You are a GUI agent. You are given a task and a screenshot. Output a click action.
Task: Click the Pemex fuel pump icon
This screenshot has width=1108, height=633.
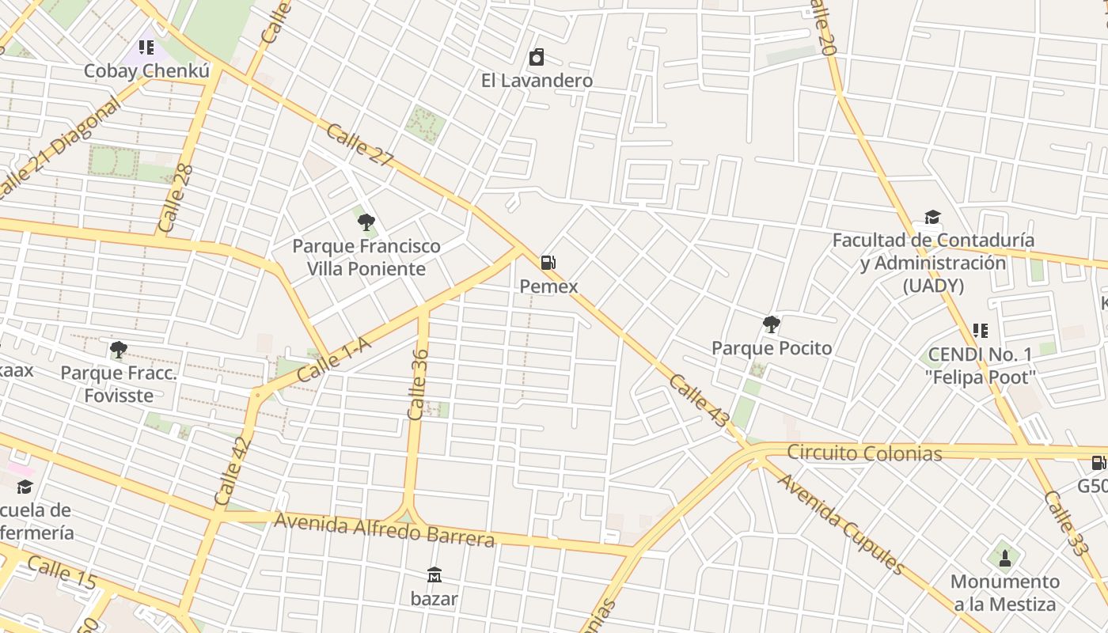click(548, 263)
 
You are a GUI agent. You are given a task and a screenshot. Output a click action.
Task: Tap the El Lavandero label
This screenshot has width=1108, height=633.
click(537, 81)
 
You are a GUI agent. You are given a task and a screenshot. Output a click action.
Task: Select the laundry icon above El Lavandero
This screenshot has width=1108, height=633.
click(537, 57)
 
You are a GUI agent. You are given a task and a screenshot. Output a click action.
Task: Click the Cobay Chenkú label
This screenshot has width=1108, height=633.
click(146, 71)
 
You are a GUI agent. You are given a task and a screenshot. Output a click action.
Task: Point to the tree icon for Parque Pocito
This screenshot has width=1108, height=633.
click(771, 324)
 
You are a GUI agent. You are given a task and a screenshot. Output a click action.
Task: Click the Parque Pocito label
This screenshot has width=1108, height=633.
click(771, 348)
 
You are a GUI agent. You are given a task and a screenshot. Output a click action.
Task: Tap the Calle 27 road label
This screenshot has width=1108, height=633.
click(359, 146)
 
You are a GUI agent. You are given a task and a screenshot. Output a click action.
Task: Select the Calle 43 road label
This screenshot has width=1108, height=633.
click(697, 402)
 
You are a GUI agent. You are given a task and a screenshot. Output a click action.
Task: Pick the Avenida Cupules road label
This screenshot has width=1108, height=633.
click(840, 523)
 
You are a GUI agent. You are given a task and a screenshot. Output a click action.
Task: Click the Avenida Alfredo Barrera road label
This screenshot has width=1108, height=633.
click(384, 530)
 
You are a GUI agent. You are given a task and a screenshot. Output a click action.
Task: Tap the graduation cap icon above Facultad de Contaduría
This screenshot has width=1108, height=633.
click(932, 218)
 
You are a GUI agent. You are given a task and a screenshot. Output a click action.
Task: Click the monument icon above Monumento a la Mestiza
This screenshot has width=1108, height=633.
click(1005, 558)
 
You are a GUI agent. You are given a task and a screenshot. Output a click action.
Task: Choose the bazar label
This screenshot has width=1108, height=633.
click(434, 599)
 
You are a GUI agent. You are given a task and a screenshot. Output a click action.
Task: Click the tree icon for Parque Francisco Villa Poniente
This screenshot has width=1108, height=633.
click(366, 222)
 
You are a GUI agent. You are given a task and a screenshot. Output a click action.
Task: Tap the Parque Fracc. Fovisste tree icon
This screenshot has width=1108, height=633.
click(119, 349)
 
